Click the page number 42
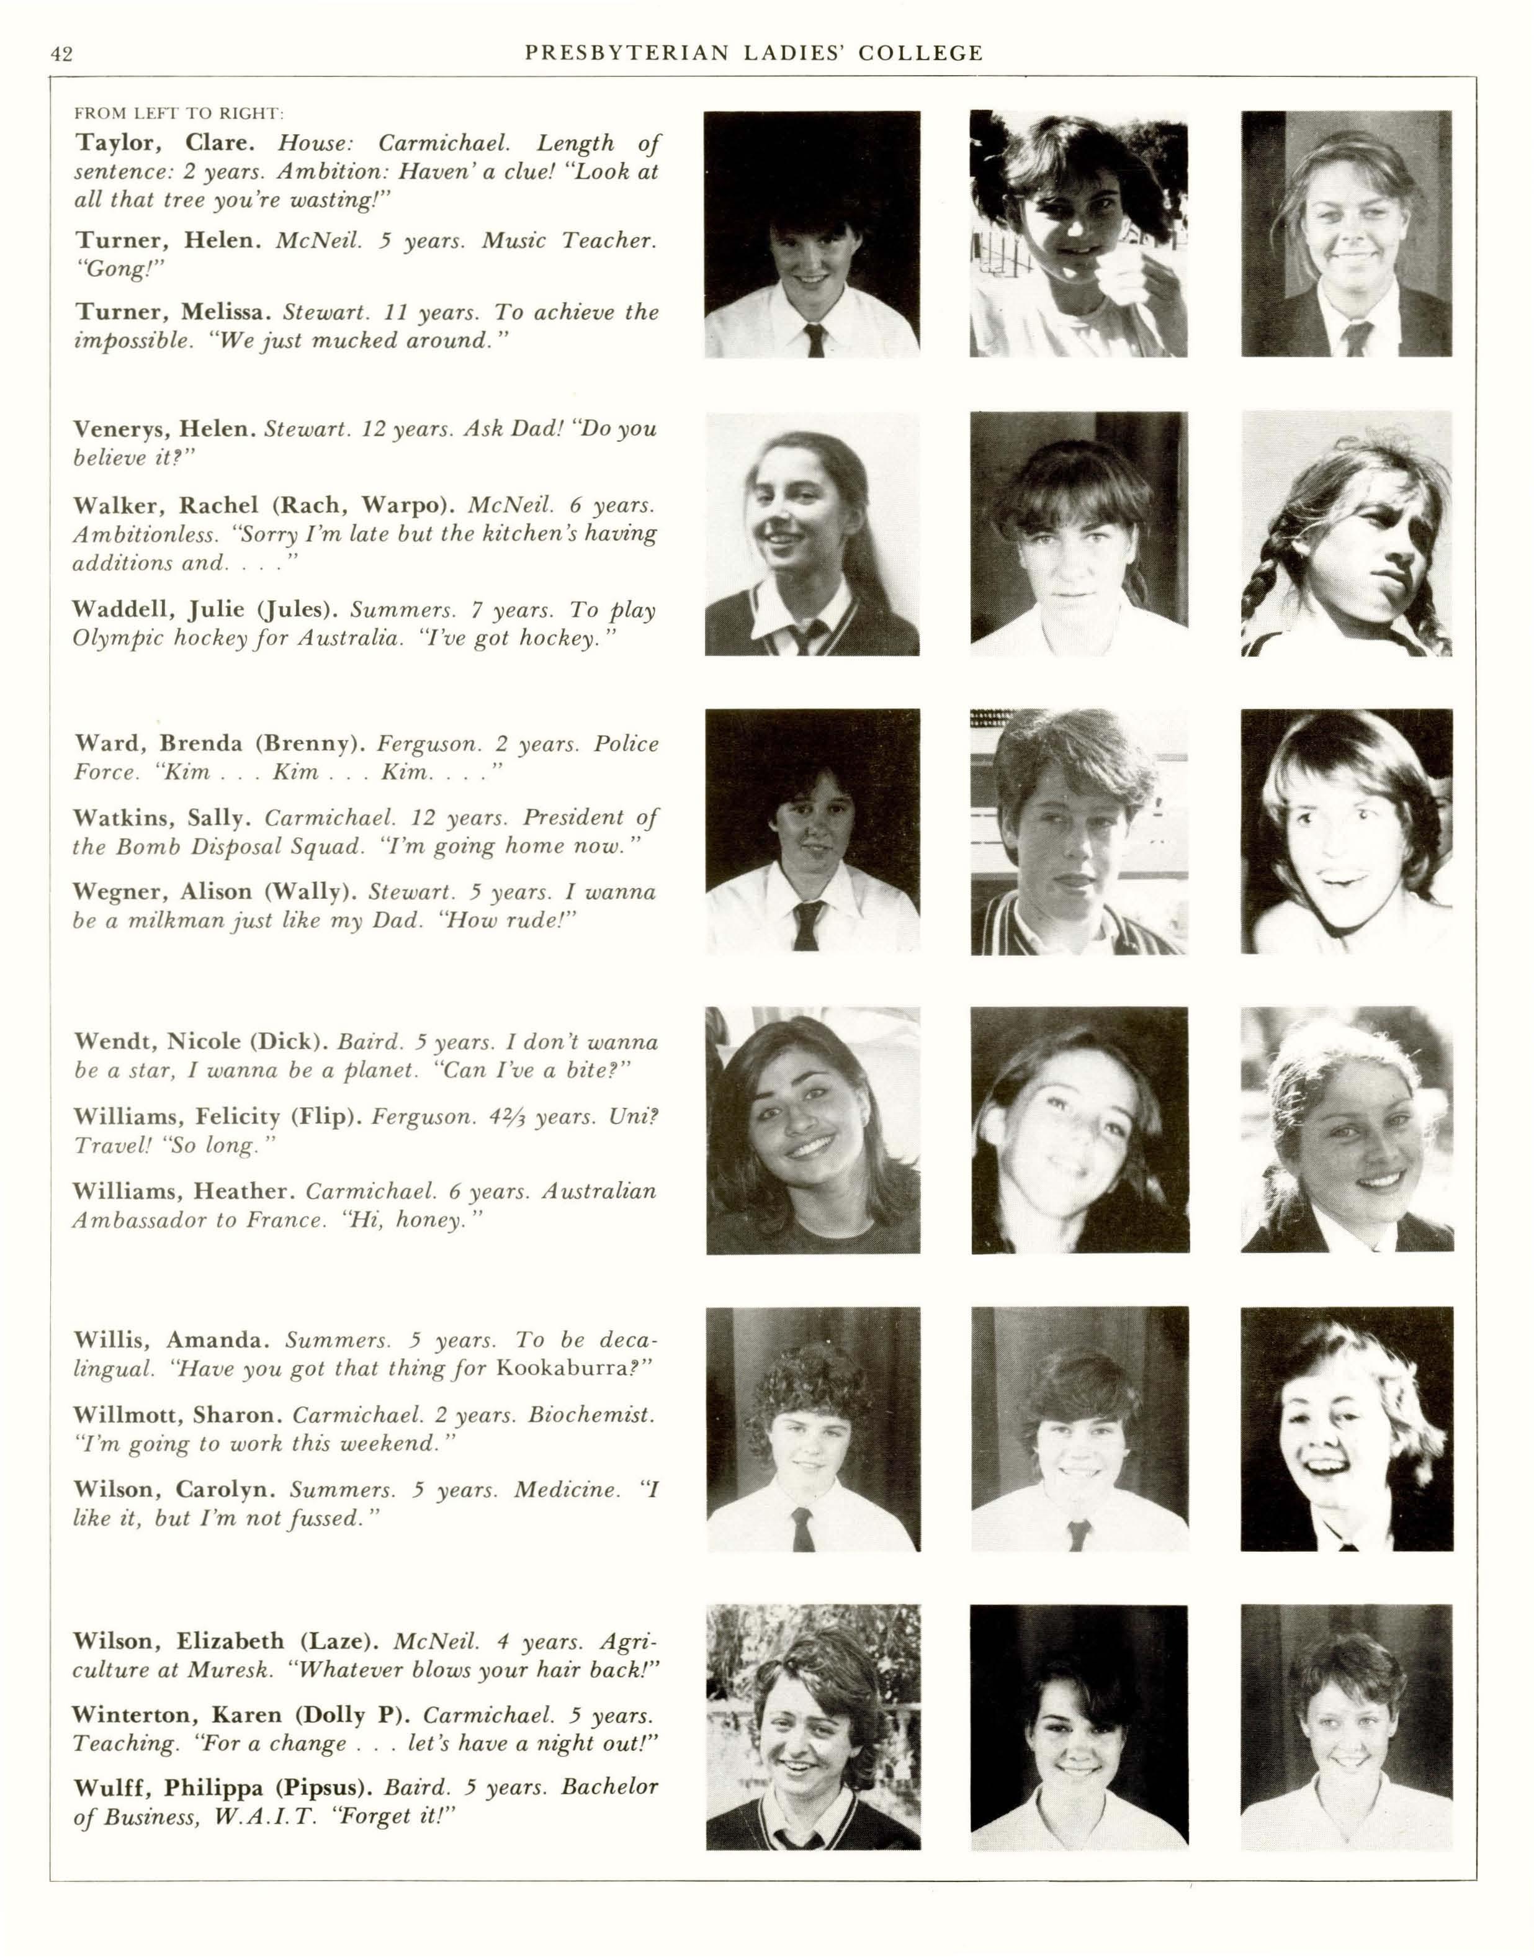62,54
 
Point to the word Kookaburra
565,1369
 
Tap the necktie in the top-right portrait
1355,337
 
